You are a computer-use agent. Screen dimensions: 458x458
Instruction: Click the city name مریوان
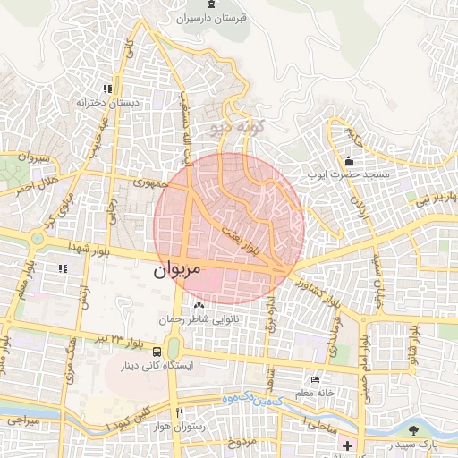coord(179,268)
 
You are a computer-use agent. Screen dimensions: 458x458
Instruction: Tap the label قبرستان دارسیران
coord(211,18)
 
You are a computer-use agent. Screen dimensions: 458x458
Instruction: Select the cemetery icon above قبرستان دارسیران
coord(211,5)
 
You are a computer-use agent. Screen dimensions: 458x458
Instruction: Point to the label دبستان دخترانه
coord(109,103)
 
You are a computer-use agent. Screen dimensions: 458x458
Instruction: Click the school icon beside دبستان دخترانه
coord(107,89)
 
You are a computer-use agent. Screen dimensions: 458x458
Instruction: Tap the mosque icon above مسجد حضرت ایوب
coord(347,161)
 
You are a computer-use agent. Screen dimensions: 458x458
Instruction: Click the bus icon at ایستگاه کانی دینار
coord(157,352)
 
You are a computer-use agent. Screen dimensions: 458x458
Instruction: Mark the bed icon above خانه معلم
coord(314,378)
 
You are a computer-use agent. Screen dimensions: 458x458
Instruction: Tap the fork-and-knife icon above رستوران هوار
coord(180,412)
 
